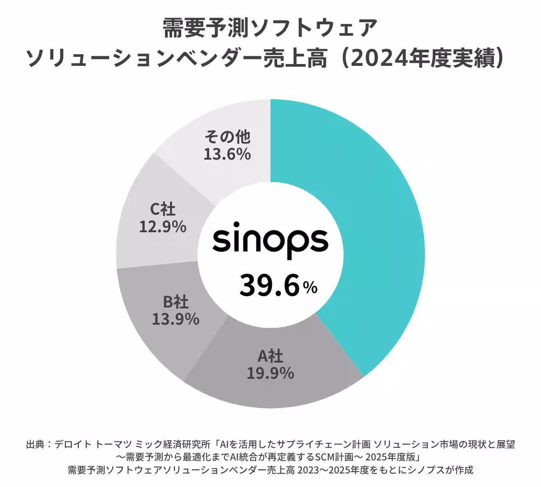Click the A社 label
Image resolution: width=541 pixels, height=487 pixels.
click(270, 357)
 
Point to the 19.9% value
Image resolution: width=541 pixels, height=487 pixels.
click(270, 373)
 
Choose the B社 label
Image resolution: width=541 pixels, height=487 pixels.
click(176, 302)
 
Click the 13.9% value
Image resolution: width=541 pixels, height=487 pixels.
click(176, 319)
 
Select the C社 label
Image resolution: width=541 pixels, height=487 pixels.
click(163, 209)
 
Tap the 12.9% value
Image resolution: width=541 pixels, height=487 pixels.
click(163, 226)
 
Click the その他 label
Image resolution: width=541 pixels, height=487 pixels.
click(227, 136)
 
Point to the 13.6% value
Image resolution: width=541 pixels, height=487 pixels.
click(227, 154)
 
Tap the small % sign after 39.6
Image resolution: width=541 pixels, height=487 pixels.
click(310, 288)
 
